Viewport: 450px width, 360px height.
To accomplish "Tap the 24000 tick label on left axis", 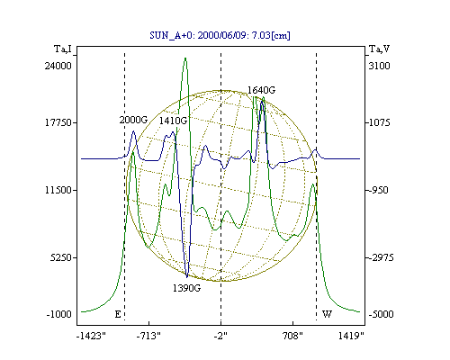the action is (58, 66).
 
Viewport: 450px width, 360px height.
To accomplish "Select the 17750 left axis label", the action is (58, 122).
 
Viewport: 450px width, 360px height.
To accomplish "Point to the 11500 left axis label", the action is (58, 190).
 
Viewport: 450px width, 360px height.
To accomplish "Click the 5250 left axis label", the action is (61, 257).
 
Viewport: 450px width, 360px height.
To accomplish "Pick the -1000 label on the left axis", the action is (59, 314).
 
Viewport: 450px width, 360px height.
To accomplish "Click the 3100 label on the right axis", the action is (380, 66).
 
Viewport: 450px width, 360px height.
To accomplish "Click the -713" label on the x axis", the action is (148, 336).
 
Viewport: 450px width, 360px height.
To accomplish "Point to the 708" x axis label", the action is (292, 336).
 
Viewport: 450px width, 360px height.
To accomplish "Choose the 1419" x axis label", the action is (351, 336).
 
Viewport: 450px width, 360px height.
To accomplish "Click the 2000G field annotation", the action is (133, 120).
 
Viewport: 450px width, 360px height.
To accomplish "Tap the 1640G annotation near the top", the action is (261, 90).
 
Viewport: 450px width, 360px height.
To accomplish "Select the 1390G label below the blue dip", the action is (186, 288).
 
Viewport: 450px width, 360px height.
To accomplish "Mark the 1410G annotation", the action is (173, 121).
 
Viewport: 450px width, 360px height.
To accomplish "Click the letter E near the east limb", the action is (118, 314).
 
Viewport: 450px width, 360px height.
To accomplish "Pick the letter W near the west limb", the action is (327, 314).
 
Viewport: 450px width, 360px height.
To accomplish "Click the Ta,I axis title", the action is (63, 49).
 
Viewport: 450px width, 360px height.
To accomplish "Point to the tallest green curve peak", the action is (185, 58).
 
